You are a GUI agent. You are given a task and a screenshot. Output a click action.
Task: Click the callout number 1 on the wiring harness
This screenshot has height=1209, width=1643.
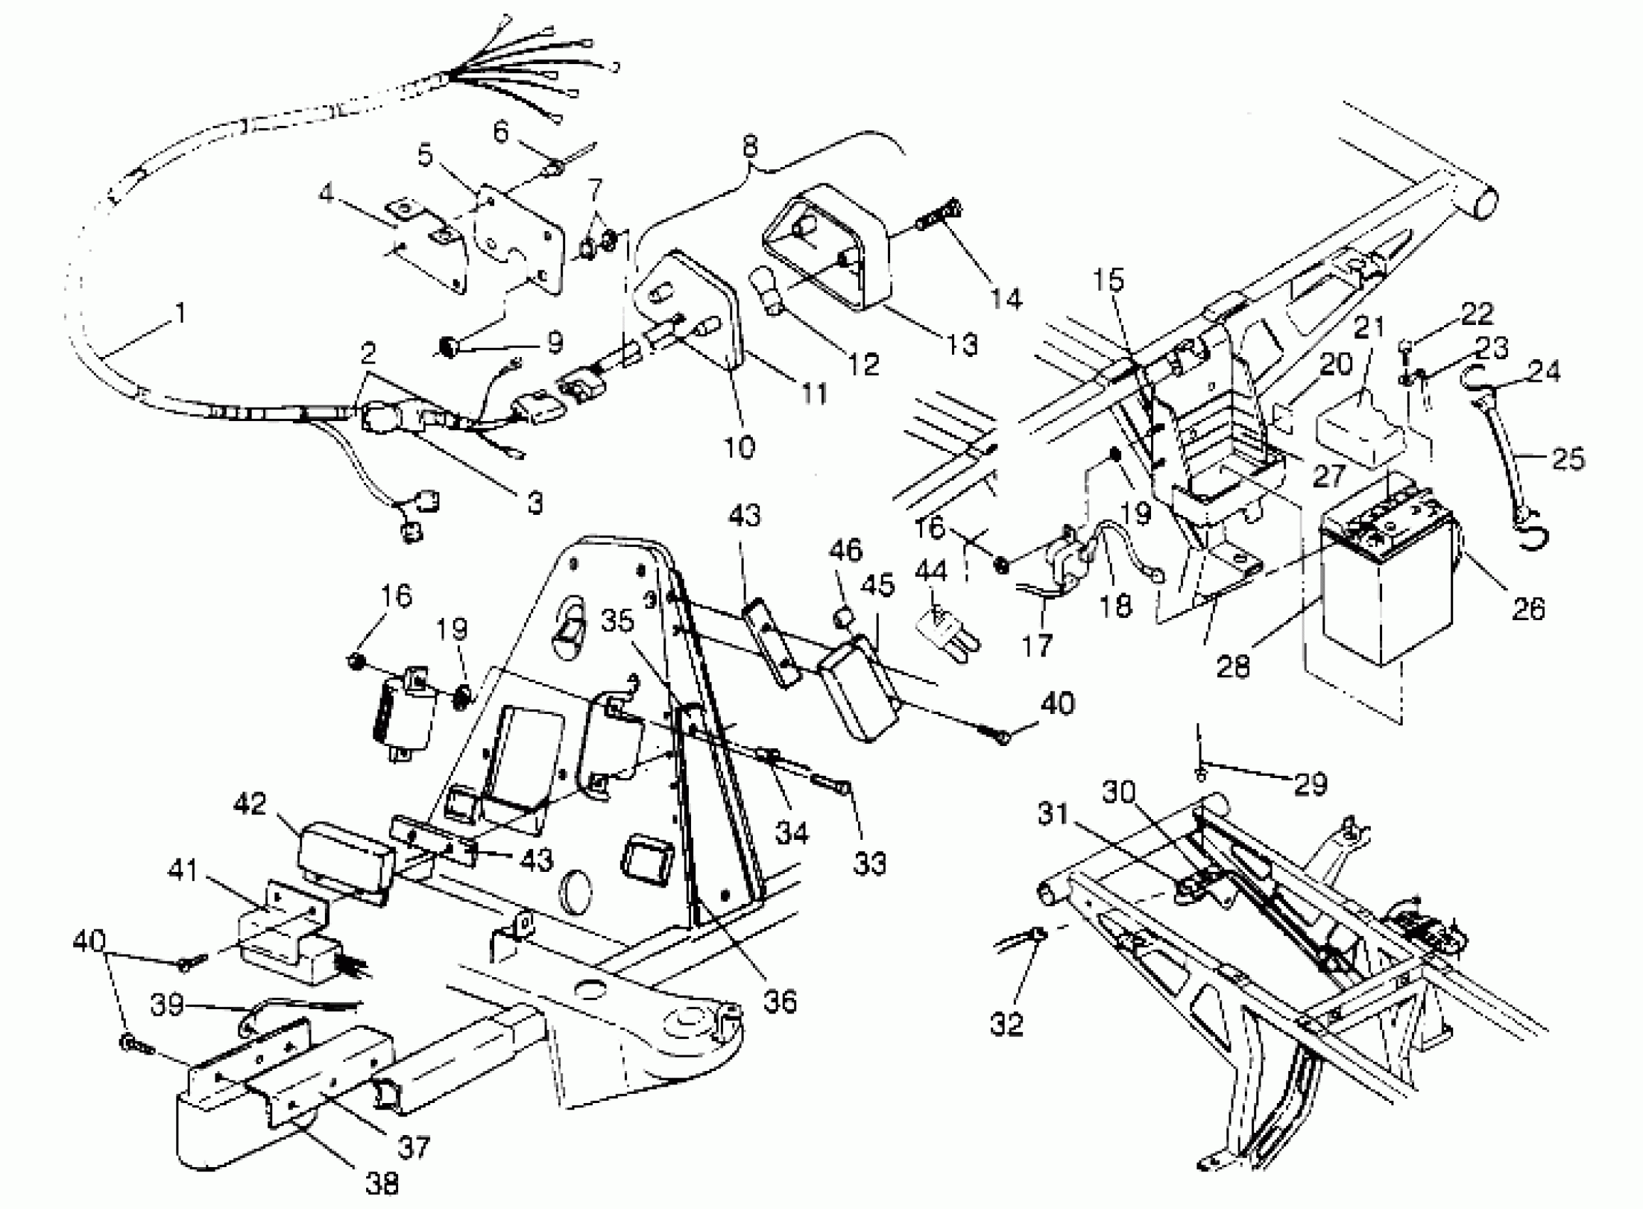coord(178,314)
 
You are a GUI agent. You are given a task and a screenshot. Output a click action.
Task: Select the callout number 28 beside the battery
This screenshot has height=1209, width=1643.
coord(1233,665)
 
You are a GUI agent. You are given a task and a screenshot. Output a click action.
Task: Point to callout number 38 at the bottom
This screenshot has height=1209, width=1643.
coord(382,1183)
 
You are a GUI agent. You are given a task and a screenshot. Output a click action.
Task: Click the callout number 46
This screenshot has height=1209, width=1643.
coord(845,550)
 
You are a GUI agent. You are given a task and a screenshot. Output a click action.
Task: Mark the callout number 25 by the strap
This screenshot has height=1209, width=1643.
coord(1568,458)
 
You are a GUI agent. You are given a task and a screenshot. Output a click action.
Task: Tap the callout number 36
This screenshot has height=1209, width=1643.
coord(780,1001)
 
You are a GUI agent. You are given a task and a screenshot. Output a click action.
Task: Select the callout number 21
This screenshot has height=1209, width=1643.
coord(1369,327)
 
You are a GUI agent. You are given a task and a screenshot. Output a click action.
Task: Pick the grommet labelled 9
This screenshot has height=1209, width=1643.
coord(447,347)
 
